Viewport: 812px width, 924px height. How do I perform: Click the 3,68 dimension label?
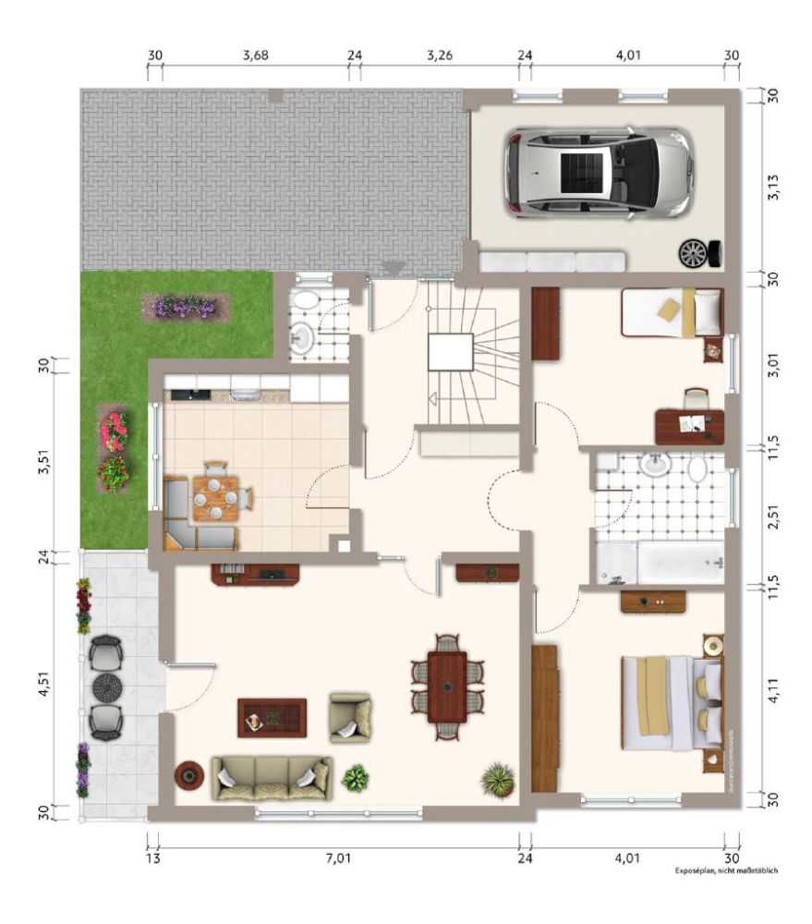[255, 55]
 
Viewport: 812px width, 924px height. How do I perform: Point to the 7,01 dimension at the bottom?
[338, 858]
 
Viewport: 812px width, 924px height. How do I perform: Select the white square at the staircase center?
[451, 353]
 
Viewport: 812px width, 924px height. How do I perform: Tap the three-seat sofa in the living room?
[271, 777]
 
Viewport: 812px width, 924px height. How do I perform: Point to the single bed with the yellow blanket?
[672, 312]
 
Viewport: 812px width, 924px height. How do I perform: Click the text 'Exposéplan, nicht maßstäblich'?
[720, 869]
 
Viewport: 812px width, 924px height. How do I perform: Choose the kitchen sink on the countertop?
[243, 395]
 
